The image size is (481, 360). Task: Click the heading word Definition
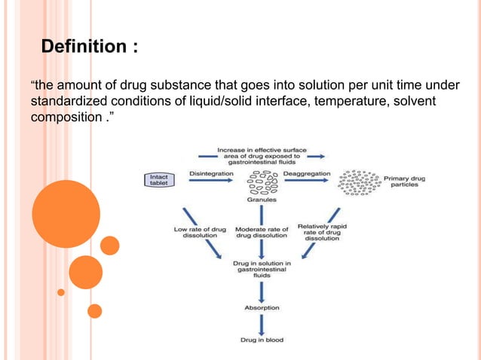coord(84,47)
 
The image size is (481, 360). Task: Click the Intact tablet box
coord(159,180)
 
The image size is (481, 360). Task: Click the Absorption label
coord(262,307)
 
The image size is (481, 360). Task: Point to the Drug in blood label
coord(262,340)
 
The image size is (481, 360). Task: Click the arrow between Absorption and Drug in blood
coord(262,324)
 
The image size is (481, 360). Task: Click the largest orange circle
coord(66,213)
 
